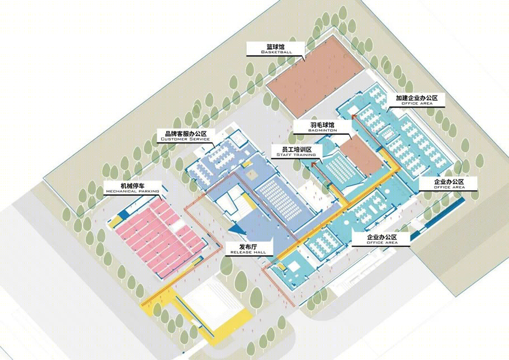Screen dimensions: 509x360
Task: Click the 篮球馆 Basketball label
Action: click(276, 49)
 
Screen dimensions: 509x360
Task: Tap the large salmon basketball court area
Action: click(315, 77)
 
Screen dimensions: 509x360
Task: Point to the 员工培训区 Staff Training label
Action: click(296, 151)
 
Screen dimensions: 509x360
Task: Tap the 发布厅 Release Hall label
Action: click(248, 249)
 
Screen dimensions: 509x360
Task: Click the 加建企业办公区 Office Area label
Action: click(417, 100)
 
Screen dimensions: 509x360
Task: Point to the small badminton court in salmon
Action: click(361, 155)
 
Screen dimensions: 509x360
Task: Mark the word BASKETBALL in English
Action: click(276, 52)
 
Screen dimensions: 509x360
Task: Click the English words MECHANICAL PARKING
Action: click(132, 191)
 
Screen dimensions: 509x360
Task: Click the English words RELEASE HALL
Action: click(248, 252)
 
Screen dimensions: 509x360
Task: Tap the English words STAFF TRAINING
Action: click(296, 155)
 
